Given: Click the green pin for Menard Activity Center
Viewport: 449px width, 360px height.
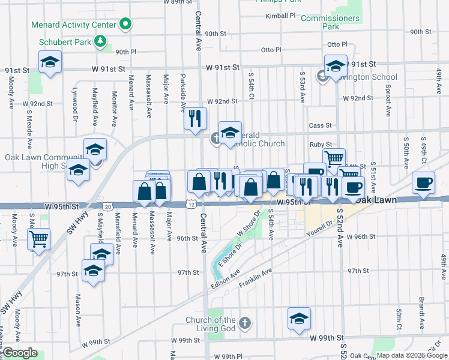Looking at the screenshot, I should [125, 25].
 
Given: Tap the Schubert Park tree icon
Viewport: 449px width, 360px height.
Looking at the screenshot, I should [101, 42].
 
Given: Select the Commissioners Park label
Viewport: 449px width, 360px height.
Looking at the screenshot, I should [330, 22].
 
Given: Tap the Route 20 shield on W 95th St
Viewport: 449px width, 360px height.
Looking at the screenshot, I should [107, 206].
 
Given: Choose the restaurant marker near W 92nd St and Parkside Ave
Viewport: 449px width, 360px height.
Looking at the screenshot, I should [195, 118].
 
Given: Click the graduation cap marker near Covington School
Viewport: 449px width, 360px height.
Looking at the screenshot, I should [336, 65].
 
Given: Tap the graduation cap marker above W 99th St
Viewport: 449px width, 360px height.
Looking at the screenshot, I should [299, 319].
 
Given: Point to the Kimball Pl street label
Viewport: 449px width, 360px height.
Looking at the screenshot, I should [281, 16].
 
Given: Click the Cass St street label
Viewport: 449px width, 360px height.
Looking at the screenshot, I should [320, 125].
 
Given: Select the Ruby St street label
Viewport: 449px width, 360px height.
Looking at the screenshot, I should [321, 145].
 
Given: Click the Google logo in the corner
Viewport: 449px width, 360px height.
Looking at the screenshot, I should [20, 353].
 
